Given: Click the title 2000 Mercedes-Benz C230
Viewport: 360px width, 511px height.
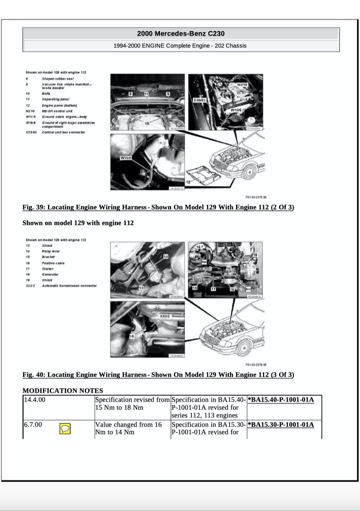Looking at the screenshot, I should point(181,33).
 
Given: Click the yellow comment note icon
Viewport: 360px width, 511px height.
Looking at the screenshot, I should point(65,429).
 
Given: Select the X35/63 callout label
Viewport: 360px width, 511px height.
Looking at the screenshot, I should point(199,100).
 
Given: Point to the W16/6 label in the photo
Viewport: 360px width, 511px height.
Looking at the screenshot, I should point(236,110).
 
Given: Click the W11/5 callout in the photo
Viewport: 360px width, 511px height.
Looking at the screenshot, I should point(126,158).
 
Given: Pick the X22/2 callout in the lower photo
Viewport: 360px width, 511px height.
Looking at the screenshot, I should point(165,316).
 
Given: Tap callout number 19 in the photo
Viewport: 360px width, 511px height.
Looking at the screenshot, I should point(132,336).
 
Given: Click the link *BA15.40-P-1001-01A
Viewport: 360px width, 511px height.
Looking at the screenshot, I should point(281,399).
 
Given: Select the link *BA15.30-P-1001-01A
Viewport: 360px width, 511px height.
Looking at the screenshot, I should point(281,424).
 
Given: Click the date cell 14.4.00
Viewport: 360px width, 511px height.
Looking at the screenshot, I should point(35,399).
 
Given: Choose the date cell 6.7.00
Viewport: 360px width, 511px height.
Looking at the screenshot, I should point(33,424).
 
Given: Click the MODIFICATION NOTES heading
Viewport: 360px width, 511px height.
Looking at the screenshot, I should point(63,391).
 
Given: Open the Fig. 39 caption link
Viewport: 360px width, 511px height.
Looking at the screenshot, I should point(158,207).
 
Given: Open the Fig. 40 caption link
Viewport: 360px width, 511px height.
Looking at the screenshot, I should point(158,375).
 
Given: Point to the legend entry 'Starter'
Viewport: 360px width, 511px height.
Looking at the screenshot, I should point(47,269).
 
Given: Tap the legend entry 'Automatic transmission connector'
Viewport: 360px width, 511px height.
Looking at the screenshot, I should point(69,285).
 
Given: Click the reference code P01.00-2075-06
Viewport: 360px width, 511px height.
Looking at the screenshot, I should point(256,197).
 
